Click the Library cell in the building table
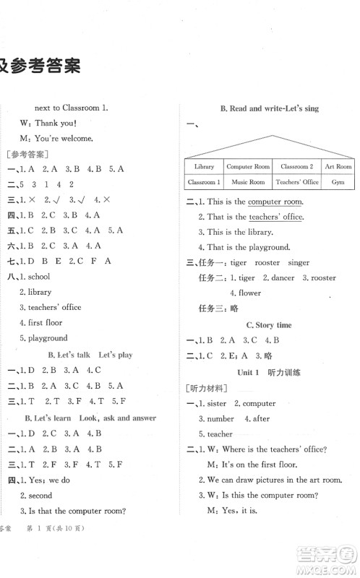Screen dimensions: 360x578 (x=205, y=166)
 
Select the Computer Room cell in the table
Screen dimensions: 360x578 (x=248, y=166)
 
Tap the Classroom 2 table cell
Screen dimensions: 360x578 (x=296, y=166)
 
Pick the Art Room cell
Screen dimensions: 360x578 (x=338, y=166)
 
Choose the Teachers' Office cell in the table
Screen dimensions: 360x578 (x=297, y=182)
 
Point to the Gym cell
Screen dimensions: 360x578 (x=338, y=182)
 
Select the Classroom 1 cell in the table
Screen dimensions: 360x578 (x=203, y=182)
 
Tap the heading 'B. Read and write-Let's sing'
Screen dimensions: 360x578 (x=270, y=108)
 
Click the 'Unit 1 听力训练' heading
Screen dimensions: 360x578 (x=269, y=371)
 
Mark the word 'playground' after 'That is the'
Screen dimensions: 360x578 (x=270, y=247)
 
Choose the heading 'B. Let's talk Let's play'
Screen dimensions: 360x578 (x=90, y=355)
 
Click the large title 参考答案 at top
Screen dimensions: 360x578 (x=40, y=66)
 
